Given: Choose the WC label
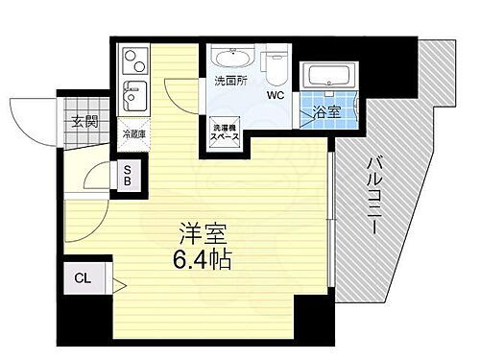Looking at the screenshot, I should tap(275, 95).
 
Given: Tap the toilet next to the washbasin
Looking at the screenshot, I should tap(275, 63).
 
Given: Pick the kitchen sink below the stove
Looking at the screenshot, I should tap(132, 97).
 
